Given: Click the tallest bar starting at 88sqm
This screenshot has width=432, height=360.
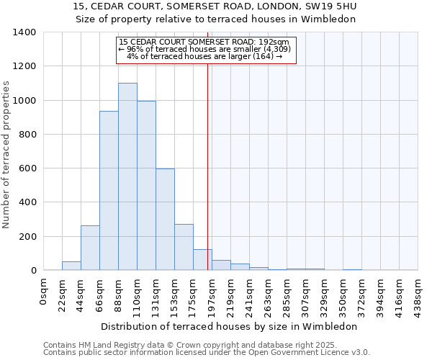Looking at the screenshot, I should click(x=127, y=176).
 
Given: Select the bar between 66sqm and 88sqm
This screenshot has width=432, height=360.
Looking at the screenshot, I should click(x=109, y=191).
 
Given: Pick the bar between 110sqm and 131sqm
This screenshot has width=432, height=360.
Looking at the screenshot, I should click(x=146, y=186).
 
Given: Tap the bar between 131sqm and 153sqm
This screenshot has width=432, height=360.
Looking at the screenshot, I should click(x=165, y=220).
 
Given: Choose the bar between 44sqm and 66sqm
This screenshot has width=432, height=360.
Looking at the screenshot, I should click(x=90, y=248).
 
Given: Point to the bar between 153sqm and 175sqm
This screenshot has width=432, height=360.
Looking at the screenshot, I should click(x=184, y=247).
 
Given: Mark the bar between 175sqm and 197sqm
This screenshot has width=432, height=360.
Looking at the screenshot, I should click(x=202, y=260).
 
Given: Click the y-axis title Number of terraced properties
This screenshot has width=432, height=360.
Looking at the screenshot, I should click(x=7, y=155).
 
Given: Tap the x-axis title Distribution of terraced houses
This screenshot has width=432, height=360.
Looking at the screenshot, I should click(x=229, y=326).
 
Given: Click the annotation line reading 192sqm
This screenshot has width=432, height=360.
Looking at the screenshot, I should click(x=204, y=42).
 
